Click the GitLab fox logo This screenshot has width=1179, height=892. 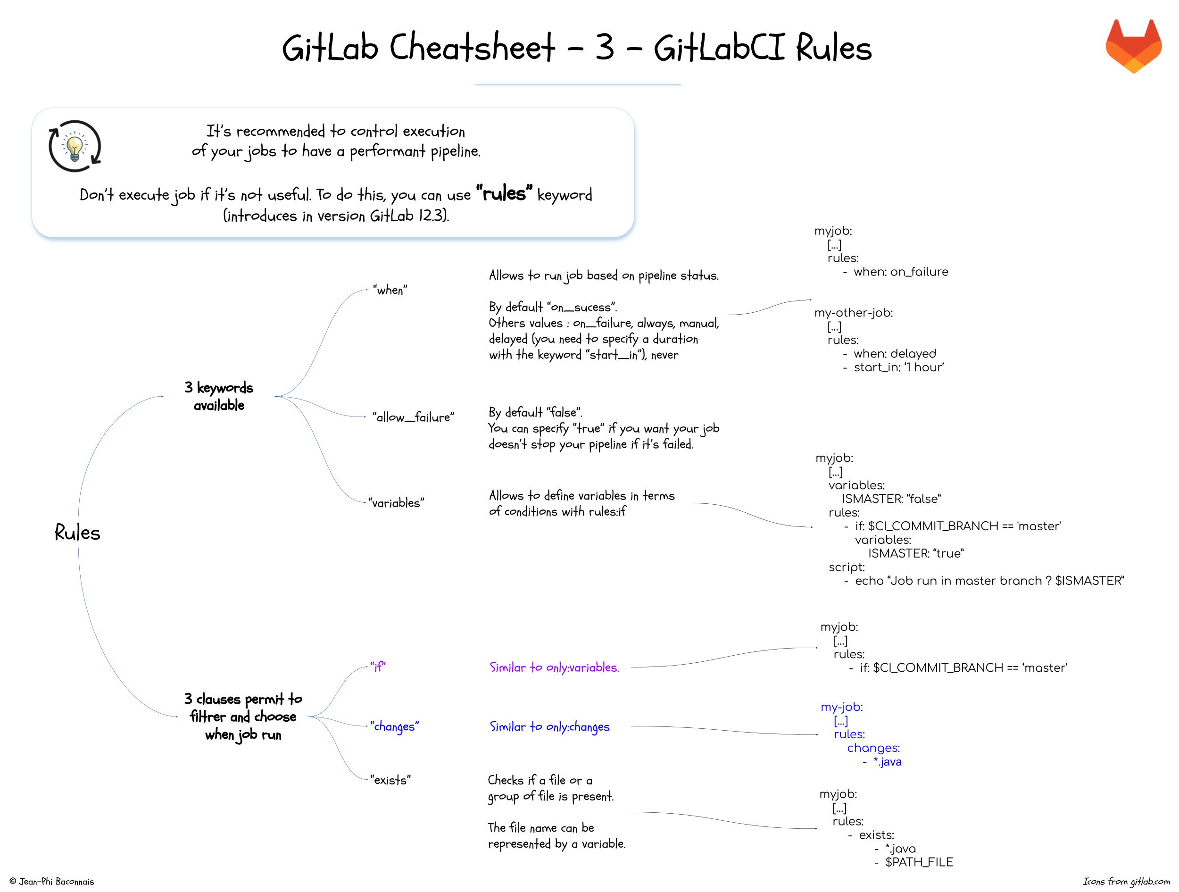click(1133, 46)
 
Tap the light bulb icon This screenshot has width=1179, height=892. click(75, 147)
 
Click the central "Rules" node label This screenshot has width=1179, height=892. click(77, 533)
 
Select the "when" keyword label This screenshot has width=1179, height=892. click(390, 290)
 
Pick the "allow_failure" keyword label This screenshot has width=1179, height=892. click(413, 417)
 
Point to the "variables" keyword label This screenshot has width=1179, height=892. click(396, 503)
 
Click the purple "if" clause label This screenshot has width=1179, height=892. click(378, 667)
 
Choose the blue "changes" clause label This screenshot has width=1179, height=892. click(394, 726)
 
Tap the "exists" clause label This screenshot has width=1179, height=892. click(390, 780)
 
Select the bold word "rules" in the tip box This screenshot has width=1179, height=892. click(504, 193)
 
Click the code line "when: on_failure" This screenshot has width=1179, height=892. click(900, 272)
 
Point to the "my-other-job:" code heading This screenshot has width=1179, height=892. click(853, 313)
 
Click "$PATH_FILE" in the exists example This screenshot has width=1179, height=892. click(919, 862)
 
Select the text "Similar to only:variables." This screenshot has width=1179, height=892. click(554, 667)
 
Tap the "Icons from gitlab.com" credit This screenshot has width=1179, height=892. click(1126, 881)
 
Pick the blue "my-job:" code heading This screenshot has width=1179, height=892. click(842, 707)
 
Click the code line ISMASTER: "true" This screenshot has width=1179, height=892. click(916, 553)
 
